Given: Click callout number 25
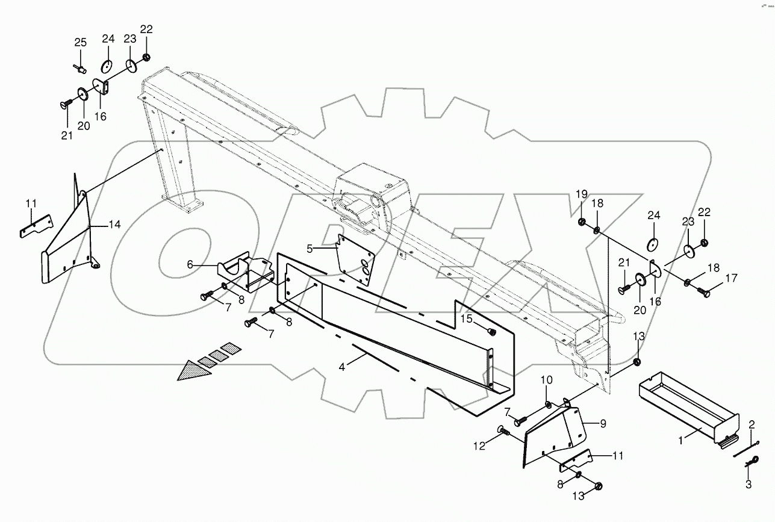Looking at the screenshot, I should tap(80, 42).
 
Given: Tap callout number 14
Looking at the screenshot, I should tap(114, 225).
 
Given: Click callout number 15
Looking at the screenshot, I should tap(467, 318).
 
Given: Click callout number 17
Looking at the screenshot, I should tap(731, 279).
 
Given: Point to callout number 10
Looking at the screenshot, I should tap(546, 380).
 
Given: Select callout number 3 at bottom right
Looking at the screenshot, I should tap(749, 483).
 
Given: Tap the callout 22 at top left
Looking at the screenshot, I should tap(146, 29).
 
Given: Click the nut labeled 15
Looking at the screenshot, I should tap(490, 332).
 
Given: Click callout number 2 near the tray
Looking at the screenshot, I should tap(751, 425).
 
